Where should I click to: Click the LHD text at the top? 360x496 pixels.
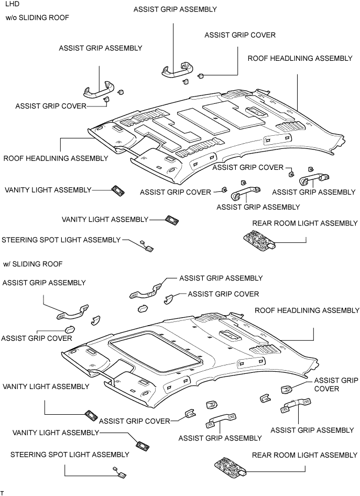(13, 4)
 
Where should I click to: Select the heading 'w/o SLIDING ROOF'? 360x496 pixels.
(37, 18)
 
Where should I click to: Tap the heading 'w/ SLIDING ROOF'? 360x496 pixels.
(33, 264)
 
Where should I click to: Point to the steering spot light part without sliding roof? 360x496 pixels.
(147, 246)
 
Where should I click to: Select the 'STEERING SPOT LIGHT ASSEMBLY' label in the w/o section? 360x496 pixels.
(61, 240)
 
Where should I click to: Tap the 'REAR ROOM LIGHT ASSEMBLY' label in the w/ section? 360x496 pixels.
(304, 455)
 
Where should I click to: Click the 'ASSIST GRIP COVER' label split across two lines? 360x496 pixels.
(336, 384)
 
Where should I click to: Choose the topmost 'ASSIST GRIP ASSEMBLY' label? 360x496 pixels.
(175, 9)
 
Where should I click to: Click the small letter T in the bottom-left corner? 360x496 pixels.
(2, 493)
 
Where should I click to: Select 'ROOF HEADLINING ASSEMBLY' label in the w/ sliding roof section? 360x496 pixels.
(307, 310)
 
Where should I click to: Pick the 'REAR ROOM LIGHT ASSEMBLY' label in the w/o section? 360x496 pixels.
(304, 223)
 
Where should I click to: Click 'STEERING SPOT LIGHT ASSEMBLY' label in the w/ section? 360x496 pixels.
(70, 455)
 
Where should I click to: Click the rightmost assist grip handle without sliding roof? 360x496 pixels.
(314, 179)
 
